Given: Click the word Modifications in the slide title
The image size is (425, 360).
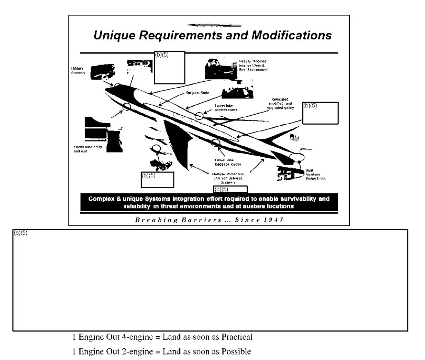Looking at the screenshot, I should click(x=292, y=35).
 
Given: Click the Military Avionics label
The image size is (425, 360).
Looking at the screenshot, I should click(x=78, y=70).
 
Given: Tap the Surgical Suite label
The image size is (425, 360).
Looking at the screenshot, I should click(x=197, y=93).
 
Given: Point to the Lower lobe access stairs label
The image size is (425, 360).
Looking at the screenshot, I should click(x=226, y=108).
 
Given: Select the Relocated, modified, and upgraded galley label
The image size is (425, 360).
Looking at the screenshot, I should click(x=280, y=104).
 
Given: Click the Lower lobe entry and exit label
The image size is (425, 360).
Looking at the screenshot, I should click(x=88, y=149).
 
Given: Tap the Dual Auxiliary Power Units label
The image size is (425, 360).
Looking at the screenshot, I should click(x=315, y=174).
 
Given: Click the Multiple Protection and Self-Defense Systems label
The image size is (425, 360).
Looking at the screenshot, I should click(x=228, y=178).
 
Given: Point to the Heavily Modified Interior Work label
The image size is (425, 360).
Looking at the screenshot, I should click(x=253, y=65).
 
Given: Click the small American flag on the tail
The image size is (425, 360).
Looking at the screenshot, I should click(x=295, y=137).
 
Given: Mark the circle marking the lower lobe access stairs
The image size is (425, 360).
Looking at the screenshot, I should click(x=199, y=116).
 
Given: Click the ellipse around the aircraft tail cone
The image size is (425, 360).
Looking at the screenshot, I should click(x=297, y=157).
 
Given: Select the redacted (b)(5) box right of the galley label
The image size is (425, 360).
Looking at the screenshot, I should click(x=320, y=113).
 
